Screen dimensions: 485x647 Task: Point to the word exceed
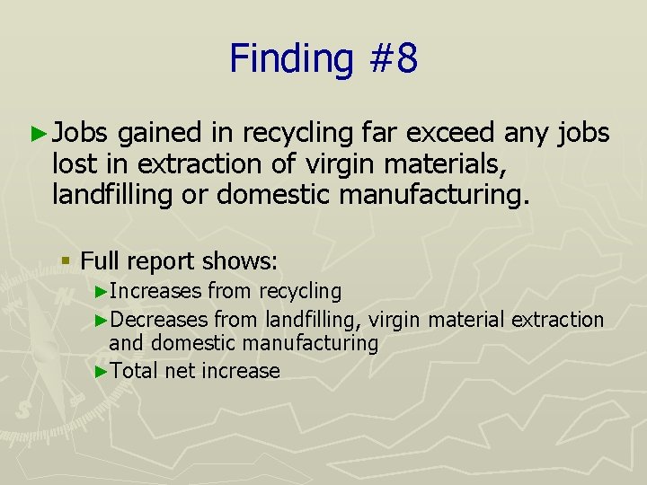click(x=449, y=134)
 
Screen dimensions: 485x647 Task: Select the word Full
click(x=100, y=261)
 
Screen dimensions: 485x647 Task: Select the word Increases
click(x=156, y=291)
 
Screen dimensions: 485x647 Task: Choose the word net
click(x=180, y=371)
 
